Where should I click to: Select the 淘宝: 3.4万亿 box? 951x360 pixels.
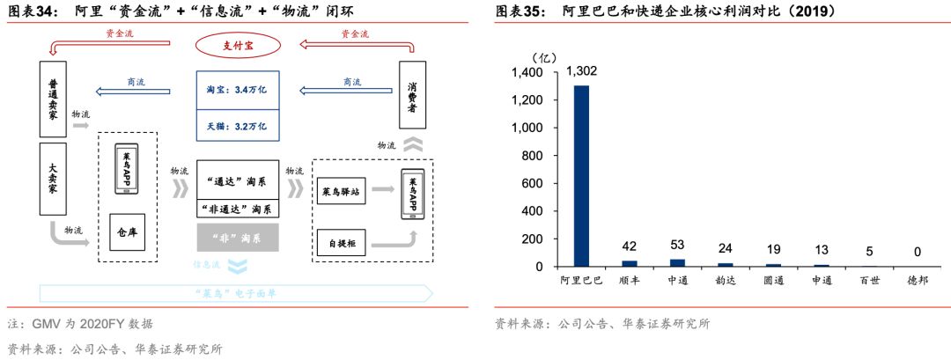tap(237, 91)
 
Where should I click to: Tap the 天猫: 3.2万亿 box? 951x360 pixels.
tap(237, 127)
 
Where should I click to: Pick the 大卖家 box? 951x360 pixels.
tap(53, 177)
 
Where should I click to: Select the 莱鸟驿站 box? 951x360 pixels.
tap(340, 189)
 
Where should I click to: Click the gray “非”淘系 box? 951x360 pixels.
tap(237, 237)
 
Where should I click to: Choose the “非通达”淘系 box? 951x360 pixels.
tap(237, 209)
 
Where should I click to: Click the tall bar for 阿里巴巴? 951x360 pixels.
tap(582, 175)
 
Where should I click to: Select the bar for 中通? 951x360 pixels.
tap(677, 262)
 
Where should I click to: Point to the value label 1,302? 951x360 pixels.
tap(582, 71)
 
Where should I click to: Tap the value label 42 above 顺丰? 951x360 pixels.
tap(630, 246)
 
